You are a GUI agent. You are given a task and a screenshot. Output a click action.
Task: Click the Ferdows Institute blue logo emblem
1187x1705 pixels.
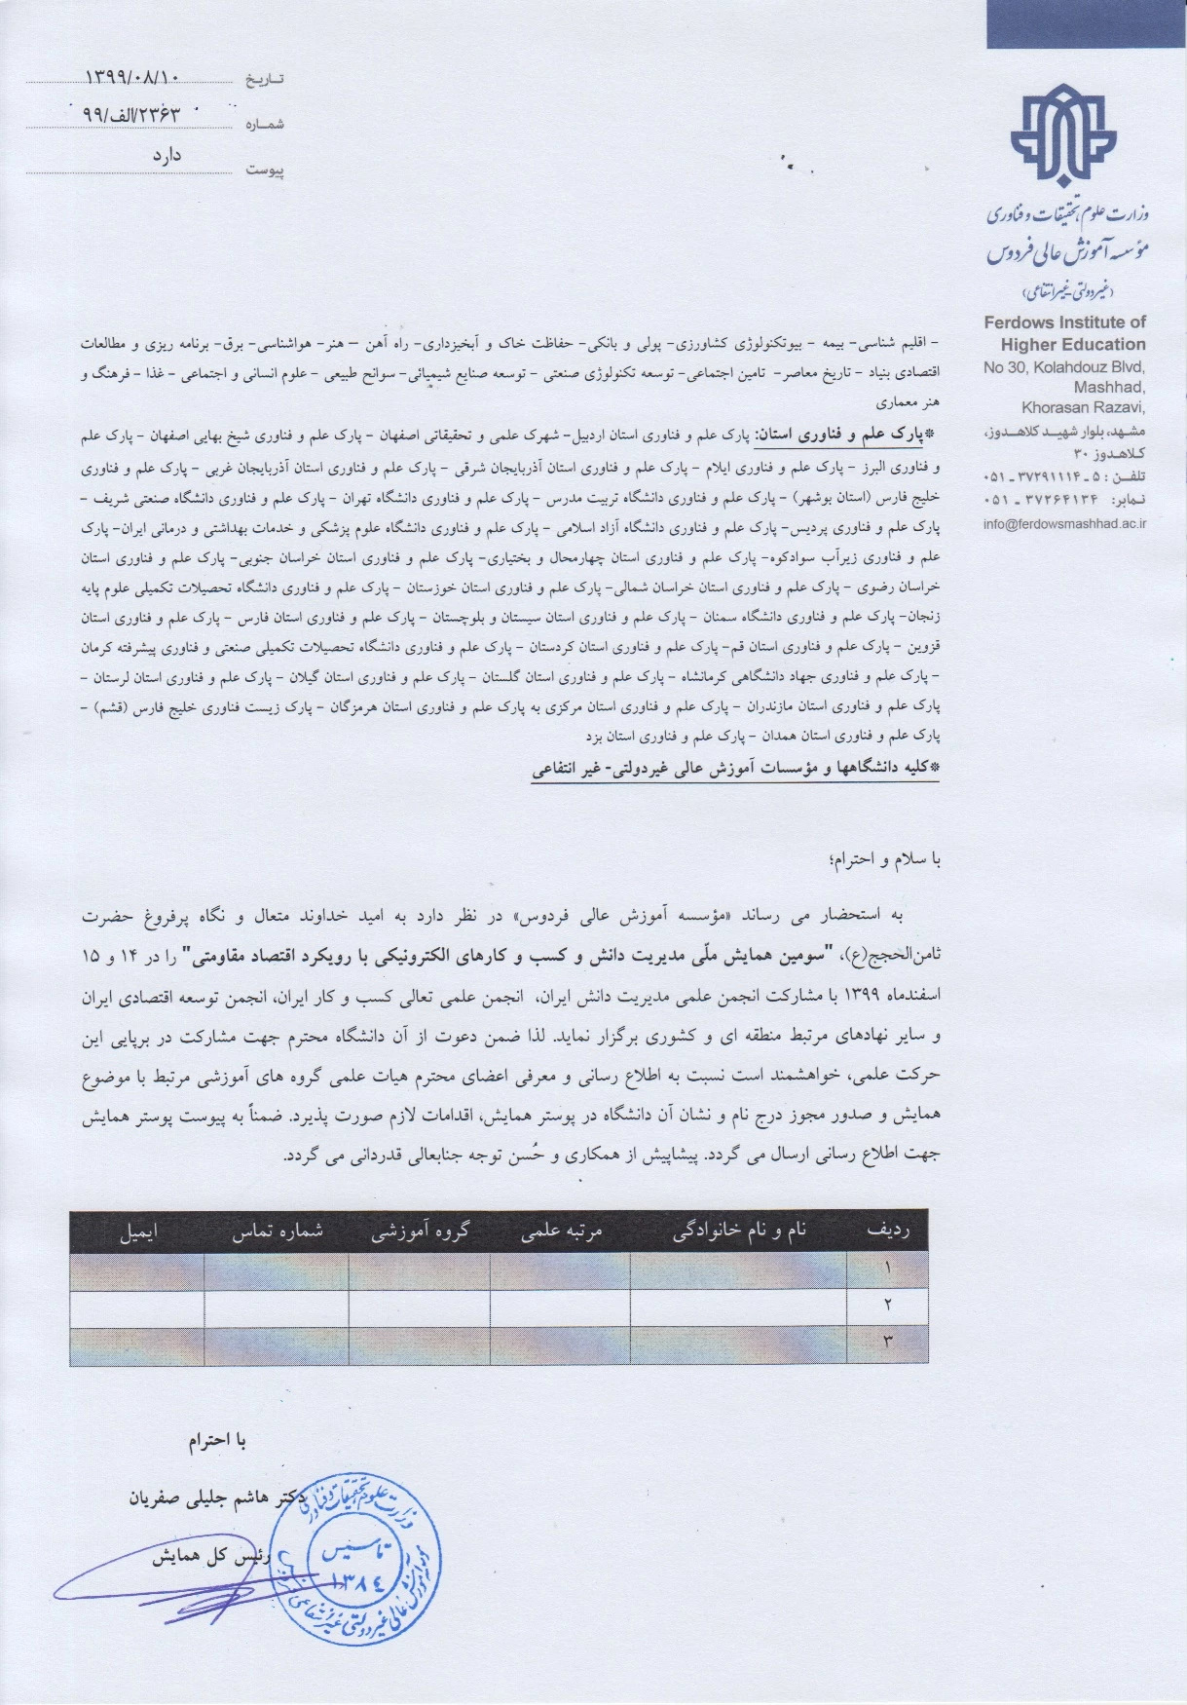1062,138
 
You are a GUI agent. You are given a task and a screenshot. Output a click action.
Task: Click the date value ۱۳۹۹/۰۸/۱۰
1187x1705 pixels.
135,76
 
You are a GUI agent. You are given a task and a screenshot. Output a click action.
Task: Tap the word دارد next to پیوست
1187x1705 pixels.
167,155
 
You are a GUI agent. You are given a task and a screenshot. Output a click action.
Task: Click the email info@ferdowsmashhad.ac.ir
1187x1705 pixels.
1065,523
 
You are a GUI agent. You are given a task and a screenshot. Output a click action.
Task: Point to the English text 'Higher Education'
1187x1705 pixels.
1073,344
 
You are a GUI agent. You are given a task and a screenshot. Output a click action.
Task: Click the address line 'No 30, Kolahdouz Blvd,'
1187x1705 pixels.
1064,367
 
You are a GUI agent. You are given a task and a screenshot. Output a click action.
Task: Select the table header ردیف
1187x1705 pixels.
887,1231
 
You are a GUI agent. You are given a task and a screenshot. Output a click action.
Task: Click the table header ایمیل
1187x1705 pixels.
137,1231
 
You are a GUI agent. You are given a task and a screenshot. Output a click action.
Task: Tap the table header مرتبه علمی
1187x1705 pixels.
562,1231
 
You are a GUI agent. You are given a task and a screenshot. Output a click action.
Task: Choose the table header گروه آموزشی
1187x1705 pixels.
420,1231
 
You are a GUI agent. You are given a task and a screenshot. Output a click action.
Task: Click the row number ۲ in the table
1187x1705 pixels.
887,1304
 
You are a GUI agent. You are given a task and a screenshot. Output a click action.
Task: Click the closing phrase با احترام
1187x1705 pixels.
217,1442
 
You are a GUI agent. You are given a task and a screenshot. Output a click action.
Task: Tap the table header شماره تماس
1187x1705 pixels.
277,1231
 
